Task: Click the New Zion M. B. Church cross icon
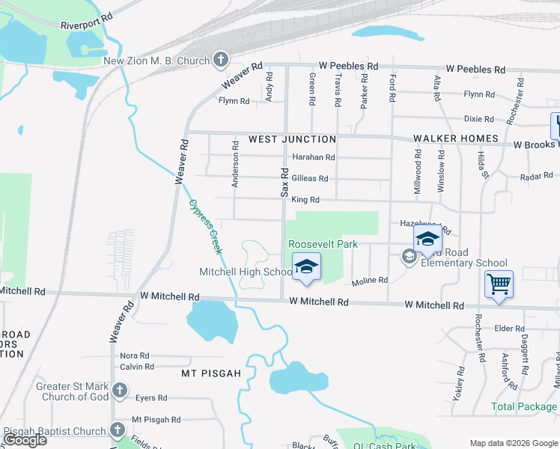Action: tap(221, 58)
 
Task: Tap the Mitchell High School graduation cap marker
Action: tap(305, 267)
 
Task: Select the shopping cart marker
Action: tap(499, 284)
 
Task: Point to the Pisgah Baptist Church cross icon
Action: tap(118, 430)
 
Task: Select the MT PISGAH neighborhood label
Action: tap(211, 372)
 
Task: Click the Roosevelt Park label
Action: tap(323, 244)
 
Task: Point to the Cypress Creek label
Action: tap(206, 227)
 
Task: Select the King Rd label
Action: tap(305, 200)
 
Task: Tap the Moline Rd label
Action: tap(370, 280)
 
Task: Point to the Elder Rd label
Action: tap(509, 328)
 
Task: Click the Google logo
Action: tap(25, 440)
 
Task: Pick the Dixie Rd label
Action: tap(478, 118)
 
